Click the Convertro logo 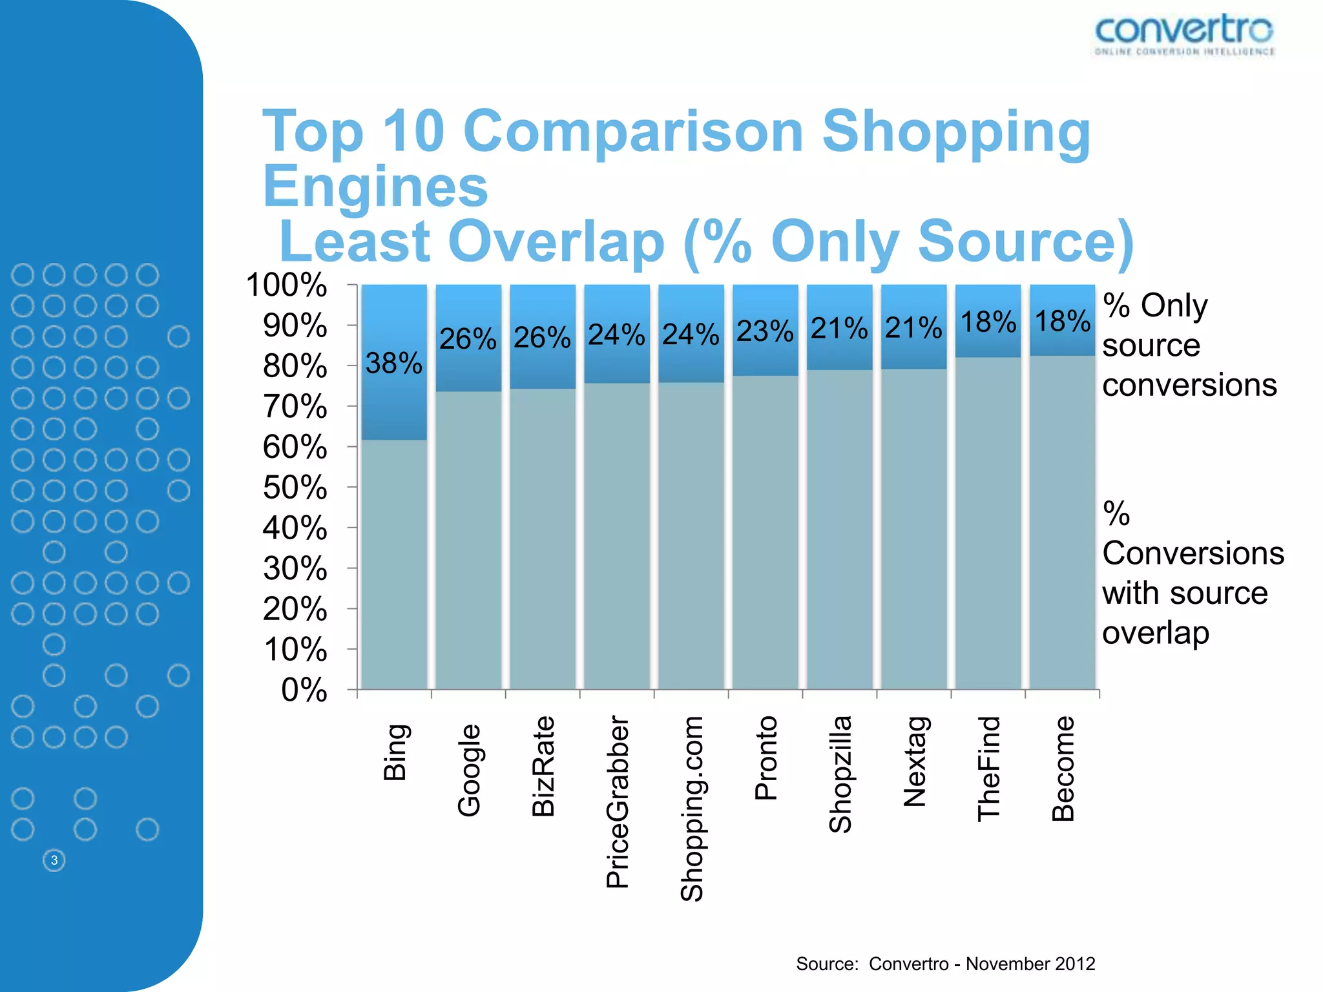click(x=1184, y=35)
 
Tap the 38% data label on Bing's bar click(x=393, y=364)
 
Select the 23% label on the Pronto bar click(x=765, y=331)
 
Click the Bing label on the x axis click(x=395, y=752)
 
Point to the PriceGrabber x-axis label click(x=618, y=801)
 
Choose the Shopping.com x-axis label click(x=692, y=808)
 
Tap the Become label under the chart click(x=1063, y=769)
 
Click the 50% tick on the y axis click(x=295, y=488)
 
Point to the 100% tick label click(x=287, y=285)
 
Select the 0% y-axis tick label click(x=304, y=690)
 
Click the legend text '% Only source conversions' click(x=1189, y=345)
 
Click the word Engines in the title click(x=375, y=187)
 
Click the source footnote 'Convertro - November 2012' click(x=981, y=964)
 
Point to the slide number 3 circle click(x=54, y=860)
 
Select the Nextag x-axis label click(x=915, y=761)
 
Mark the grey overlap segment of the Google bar click(x=468, y=542)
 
